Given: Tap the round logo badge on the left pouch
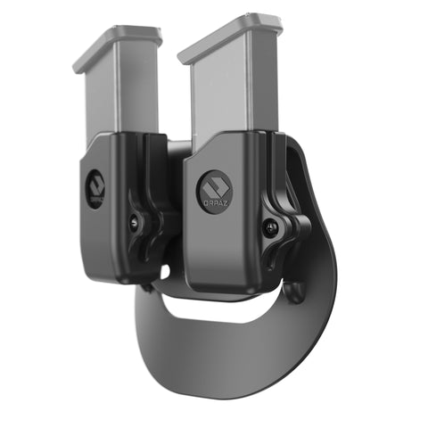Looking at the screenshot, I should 95,187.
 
